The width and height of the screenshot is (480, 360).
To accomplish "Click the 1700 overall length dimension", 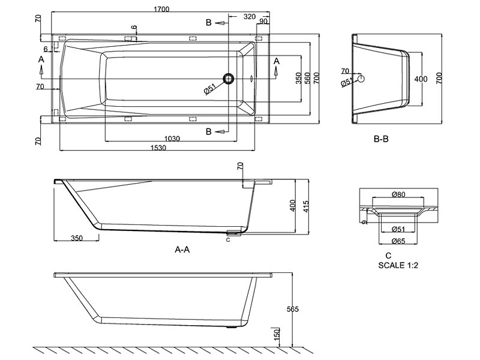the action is (x=161, y=9).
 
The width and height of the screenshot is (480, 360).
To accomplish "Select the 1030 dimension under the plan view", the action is (x=172, y=139).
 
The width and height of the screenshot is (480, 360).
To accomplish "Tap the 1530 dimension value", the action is (x=158, y=148).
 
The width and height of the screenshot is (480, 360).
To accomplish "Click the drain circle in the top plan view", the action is (x=229, y=79).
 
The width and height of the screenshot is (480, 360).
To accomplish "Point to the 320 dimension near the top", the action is (x=250, y=17).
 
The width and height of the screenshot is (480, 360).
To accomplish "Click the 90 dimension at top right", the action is (x=263, y=21).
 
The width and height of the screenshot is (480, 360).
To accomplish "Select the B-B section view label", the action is (x=381, y=139).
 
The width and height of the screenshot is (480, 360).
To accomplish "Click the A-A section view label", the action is (x=182, y=250).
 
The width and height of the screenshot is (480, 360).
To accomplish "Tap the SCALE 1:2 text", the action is (x=398, y=265).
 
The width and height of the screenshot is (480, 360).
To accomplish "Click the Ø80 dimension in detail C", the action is (x=398, y=194).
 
